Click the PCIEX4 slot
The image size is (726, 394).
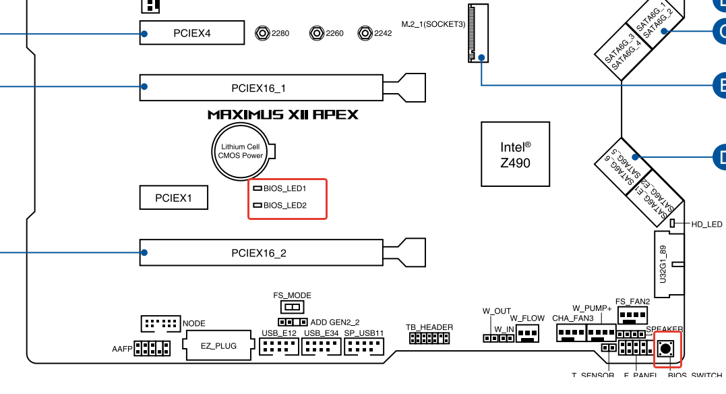(x=192, y=32)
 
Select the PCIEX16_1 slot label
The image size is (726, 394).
(x=259, y=88)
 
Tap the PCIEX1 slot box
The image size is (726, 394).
(x=173, y=198)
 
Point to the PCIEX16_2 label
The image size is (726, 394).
(x=259, y=254)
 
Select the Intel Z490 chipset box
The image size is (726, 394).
(x=515, y=154)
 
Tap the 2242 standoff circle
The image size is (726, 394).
(x=365, y=32)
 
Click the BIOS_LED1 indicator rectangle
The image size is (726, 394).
(x=257, y=189)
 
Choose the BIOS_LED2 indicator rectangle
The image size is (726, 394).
(x=257, y=205)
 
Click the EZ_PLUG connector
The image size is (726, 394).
(x=219, y=346)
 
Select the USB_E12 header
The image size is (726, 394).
(x=278, y=347)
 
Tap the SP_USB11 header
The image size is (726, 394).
(x=364, y=347)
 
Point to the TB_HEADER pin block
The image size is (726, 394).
(x=429, y=337)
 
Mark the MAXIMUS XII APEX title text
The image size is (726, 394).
(x=282, y=115)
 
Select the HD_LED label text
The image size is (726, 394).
(x=707, y=225)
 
